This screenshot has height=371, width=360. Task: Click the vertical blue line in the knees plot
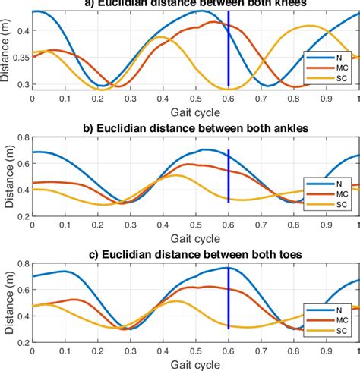[229, 53]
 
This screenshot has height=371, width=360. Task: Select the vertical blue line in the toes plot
[229, 303]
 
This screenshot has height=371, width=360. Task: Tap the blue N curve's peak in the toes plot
[226, 268]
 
